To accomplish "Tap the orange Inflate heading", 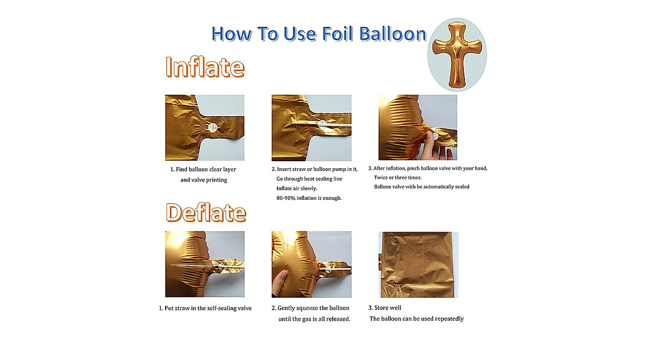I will (205, 68).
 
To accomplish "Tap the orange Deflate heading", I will (206, 213).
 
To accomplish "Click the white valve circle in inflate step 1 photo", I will (212, 127).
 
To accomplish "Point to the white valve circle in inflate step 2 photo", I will (321, 124).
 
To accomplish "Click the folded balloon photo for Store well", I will (418, 264).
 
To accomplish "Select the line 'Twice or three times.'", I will (398, 177).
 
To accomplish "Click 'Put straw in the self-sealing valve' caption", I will (204, 308).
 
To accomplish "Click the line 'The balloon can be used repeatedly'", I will (416, 319).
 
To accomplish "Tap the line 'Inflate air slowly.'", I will (297, 189).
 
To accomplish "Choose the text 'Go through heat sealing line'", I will (309, 179).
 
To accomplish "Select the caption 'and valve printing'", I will (203, 180).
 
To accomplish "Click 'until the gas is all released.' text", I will (314, 319).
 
